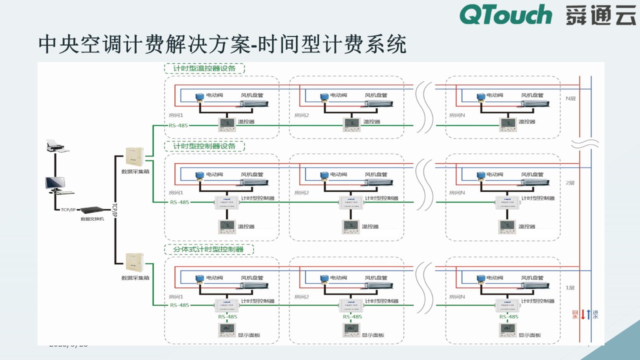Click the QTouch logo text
[x=505, y=14]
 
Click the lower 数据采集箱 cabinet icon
[x=133, y=262]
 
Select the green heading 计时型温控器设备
[x=204, y=68]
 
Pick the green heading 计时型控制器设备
[x=204, y=146]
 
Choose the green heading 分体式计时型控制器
[x=208, y=249]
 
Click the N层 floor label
[x=570, y=98]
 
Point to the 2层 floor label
[x=570, y=183]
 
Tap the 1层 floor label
[x=570, y=288]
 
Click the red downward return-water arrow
[x=582, y=314]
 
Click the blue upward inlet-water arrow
[x=589, y=314]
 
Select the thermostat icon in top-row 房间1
[x=226, y=123]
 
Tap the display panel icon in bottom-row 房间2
[x=351, y=330]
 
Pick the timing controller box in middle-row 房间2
[x=351, y=202]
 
